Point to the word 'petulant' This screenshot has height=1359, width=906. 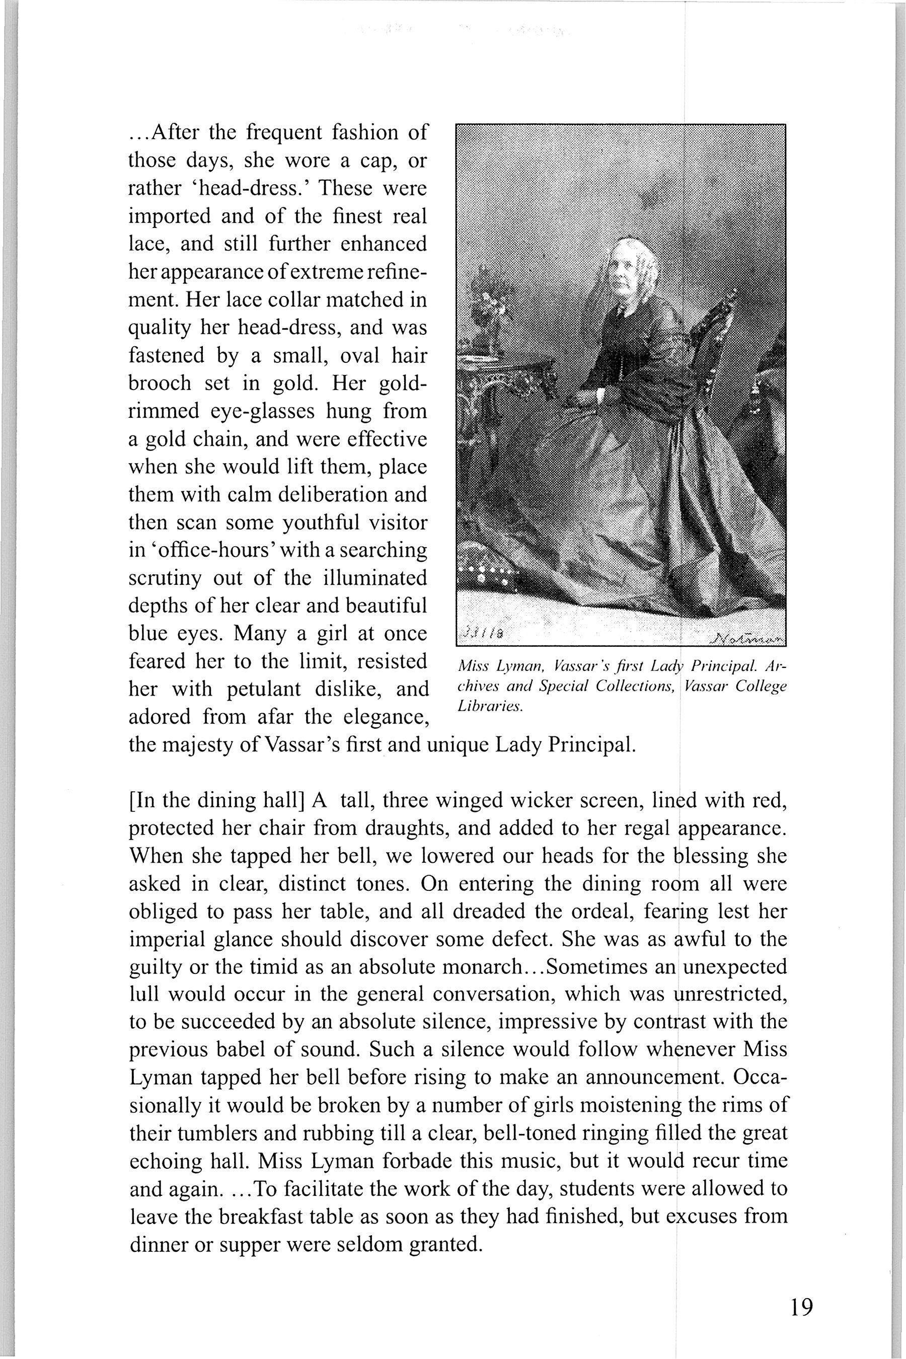[281, 690]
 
